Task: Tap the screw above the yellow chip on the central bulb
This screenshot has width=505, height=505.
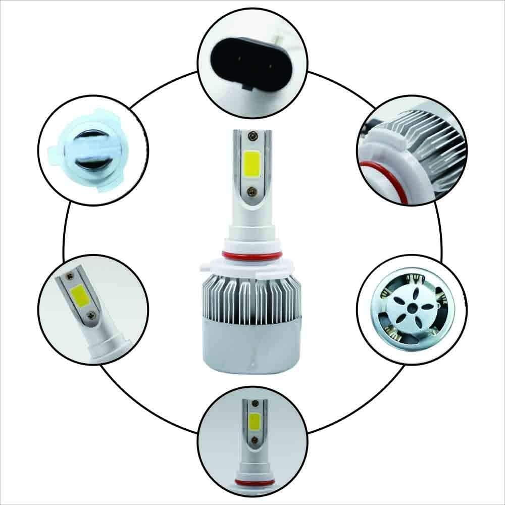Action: [x=251, y=137]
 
